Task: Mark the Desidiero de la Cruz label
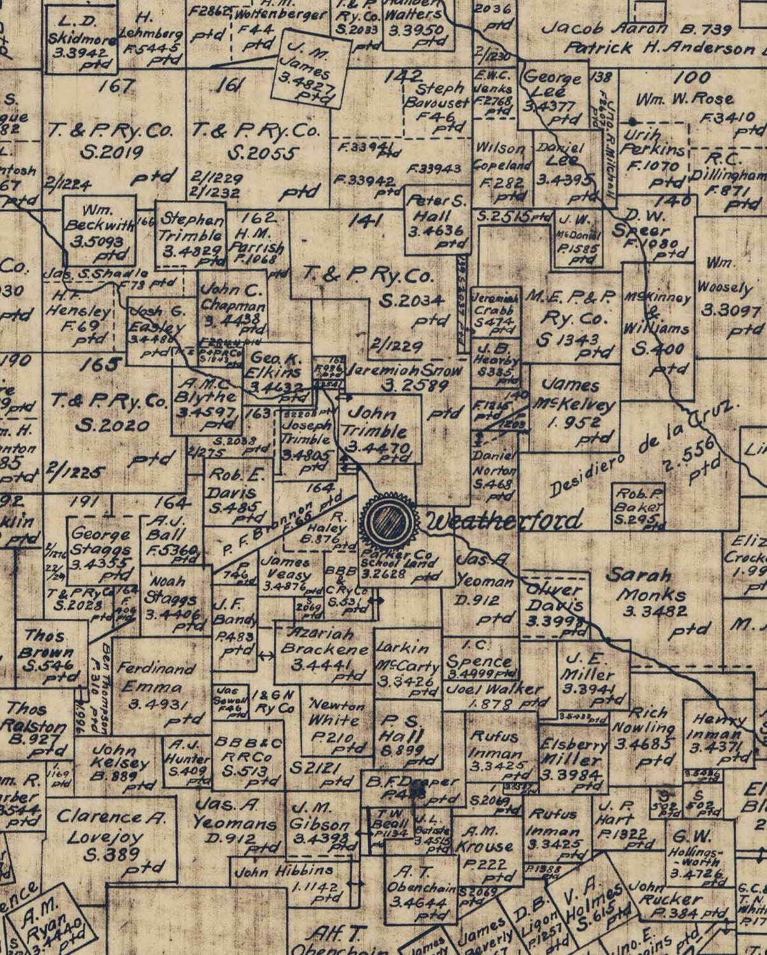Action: pos(643,459)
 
